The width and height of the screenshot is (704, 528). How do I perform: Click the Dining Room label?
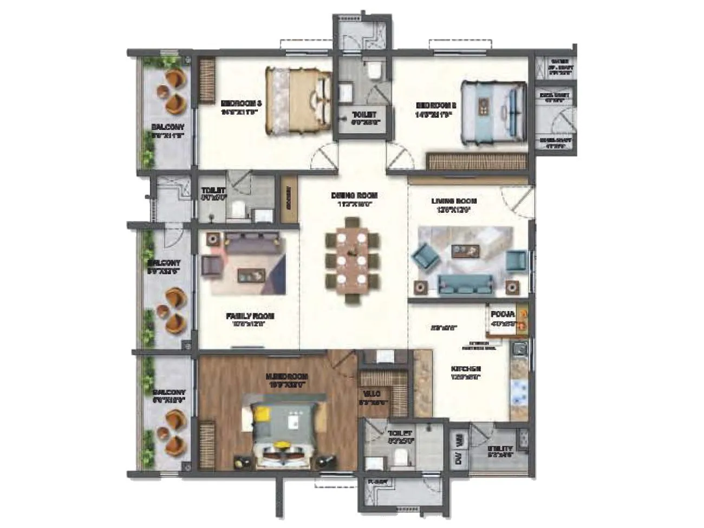pyautogui.click(x=355, y=195)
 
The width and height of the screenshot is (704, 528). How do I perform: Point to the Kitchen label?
pyautogui.click(x=466, y=370)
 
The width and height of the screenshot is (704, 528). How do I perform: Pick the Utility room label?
pyautogui.click(x=500, y=449)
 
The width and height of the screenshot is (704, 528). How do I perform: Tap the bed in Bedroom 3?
pyautogui.click(x=297, y=100)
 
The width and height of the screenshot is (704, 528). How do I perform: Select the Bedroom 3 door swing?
pyautogui.click(x=324, y=158)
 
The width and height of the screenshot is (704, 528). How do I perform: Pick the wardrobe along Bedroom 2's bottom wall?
pyautogui.click(x=477, y=161)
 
